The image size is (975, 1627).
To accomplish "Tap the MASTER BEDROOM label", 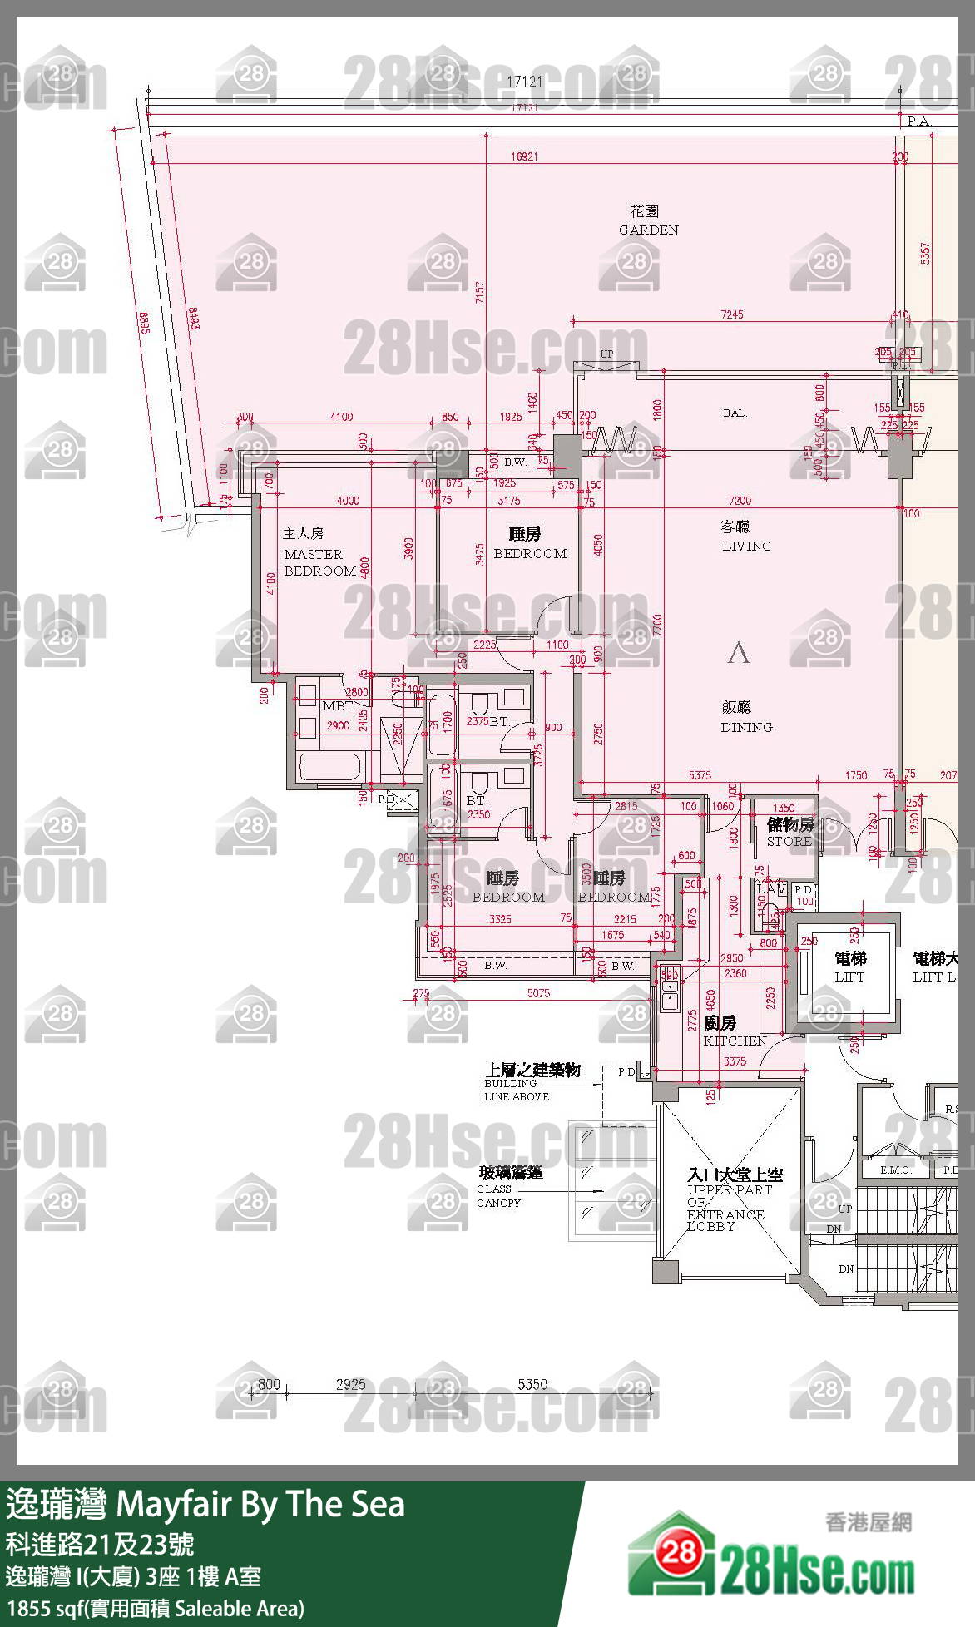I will tap(319, 561).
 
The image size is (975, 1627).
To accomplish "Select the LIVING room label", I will tap(746, 546).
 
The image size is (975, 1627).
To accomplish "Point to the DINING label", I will tap(746, 726).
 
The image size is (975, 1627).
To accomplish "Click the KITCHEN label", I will tap(735, 1041).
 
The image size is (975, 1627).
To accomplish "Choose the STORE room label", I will tap(789, 841).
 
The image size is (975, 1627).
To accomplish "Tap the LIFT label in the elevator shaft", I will tap(849, 977).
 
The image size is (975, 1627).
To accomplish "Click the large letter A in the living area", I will tap(738, 653).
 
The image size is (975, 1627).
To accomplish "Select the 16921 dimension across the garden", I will tap(524, 156).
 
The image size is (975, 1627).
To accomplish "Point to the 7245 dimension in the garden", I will tap(732, 314).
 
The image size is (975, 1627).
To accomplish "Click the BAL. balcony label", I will tap(735, 413).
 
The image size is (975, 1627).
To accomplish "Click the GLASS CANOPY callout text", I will tap(498, 1195).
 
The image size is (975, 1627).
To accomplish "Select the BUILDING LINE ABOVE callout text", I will tap(517, 1090).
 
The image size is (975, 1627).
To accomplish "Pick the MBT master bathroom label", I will tap(337, 705).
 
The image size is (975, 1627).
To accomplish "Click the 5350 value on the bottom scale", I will tap(532, 1384).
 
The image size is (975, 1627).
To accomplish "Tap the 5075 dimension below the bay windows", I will tap(538, 993).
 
